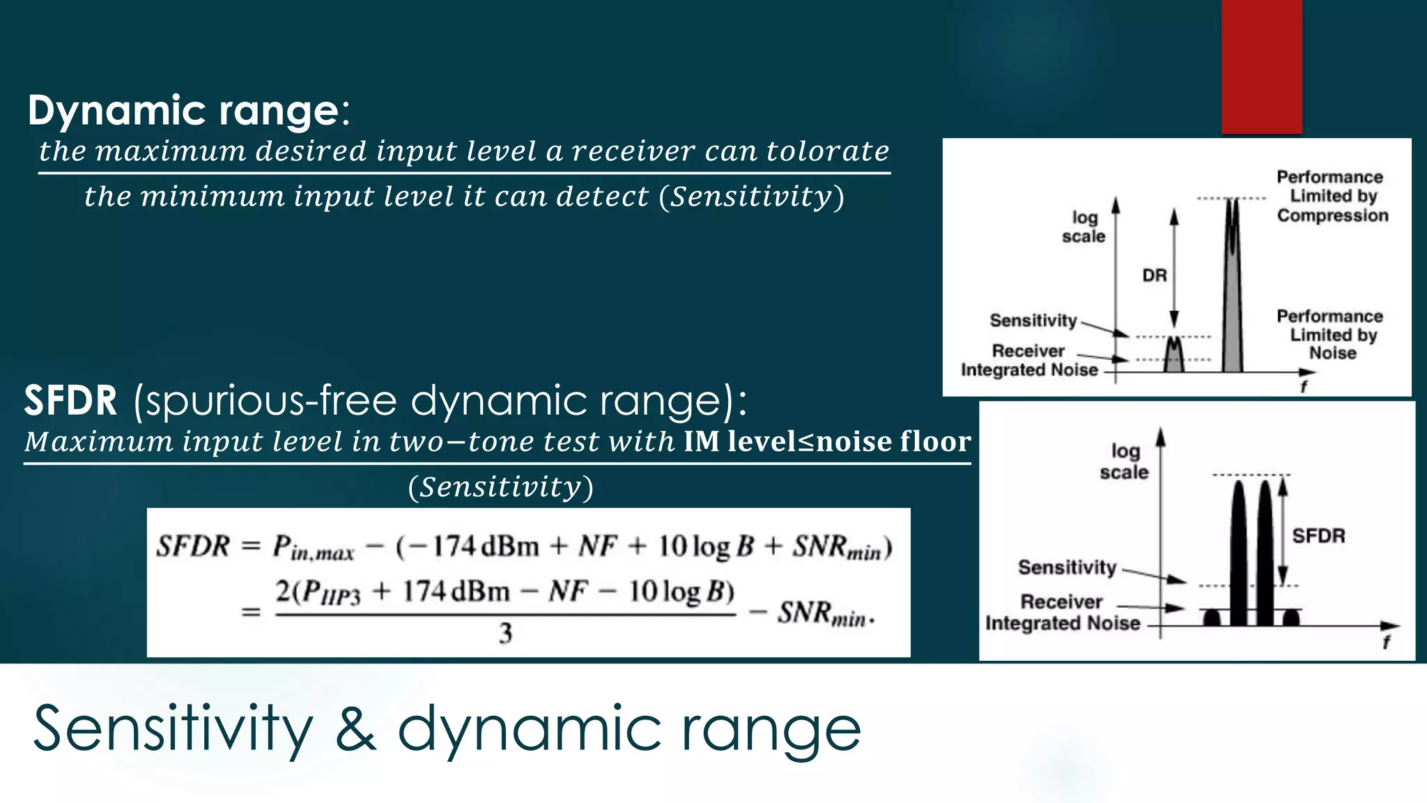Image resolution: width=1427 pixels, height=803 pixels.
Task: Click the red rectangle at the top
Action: (1261, 66)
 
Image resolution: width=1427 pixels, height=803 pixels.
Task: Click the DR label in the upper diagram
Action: (1155, 275)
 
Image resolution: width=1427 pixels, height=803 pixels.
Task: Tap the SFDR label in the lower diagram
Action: (1318, 536)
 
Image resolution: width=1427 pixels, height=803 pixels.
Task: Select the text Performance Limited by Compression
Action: (1332, 196)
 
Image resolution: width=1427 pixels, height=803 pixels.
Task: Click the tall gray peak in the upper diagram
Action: (1233, 293)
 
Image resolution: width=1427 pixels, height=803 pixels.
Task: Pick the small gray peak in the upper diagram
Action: (1174, 355)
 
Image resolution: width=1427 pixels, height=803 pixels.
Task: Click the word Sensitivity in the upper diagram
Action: (1033, 321)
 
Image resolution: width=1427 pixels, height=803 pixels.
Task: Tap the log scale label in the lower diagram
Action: (1124, 461)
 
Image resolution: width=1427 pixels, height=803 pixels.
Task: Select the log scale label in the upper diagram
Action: (1083, 227)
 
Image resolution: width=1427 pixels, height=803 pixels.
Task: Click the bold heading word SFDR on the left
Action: (70, 401)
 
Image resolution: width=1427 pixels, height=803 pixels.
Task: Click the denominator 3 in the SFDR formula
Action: (505, 634)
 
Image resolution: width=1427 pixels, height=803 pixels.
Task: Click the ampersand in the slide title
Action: (355, 728)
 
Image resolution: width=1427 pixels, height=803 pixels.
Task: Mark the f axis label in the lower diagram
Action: (1386, 642)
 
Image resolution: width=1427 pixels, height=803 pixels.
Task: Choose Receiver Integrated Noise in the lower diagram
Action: (1062, 612)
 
